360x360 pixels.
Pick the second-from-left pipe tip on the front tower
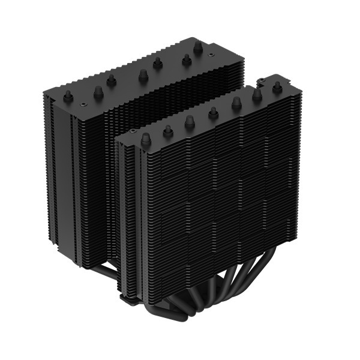click(x=168, y=129)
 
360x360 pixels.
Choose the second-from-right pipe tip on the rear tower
click(x=186, y=59)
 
